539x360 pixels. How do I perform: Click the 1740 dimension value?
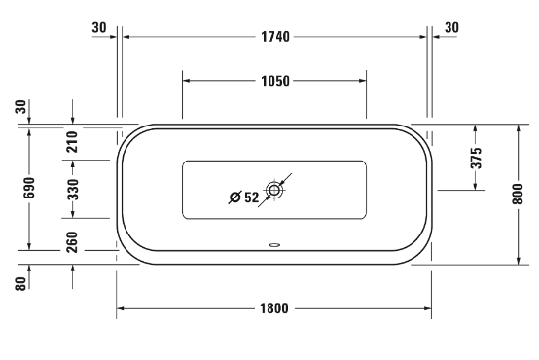(x=275, y=36)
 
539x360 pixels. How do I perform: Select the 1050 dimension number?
(x=275, y=81)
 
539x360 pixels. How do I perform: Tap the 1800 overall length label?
(x=274, y=308)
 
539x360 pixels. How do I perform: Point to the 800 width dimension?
(x=518, y=194)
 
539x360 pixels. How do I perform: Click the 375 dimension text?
(x=476, y=158)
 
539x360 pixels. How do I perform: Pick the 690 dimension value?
(x=29, y=188)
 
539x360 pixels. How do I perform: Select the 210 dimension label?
(x=73, y=142)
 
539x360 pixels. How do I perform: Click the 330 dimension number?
(x=73, y=189)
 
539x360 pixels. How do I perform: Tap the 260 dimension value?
(x=72, y=242)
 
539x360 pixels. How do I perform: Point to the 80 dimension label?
(x=20, y=284)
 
